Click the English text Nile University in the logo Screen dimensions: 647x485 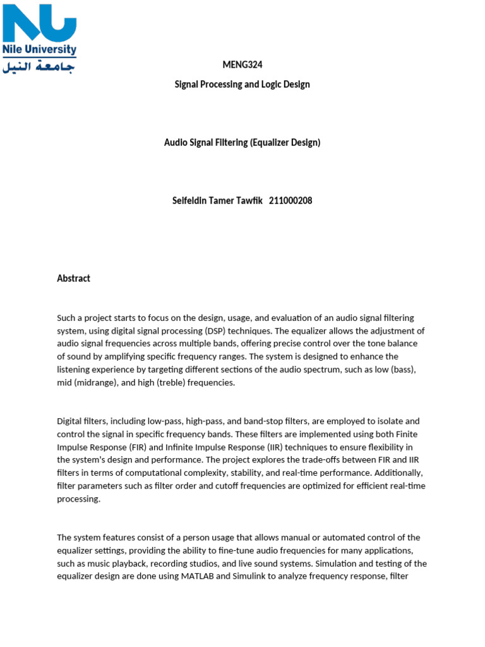click(x=39, y=49)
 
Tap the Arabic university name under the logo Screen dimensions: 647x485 click(x=39, y=66)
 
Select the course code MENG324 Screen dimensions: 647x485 click(x=242, y=64)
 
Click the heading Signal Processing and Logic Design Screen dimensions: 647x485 click(x=242, y=84)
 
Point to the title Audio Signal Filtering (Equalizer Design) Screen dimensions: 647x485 click(x=242, y=142)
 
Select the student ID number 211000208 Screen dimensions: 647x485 click(x=290, y=201)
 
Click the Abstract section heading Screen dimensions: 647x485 click(x=74, y=278)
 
